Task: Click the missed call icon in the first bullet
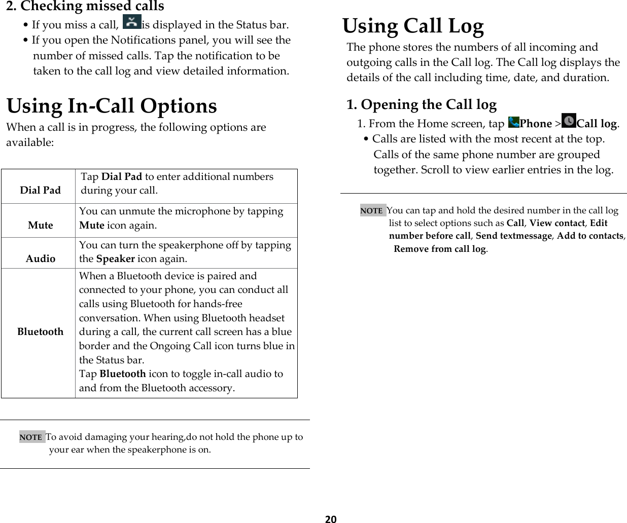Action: click(132, 22)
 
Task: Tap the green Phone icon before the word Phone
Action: click(513, 122)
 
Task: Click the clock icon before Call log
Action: click(569, 121)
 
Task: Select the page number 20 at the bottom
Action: click(331, 518)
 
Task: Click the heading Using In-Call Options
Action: click(112, 106)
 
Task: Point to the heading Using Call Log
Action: click(413, 26)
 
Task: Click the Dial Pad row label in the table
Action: click(40, 190)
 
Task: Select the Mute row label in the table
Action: click(41, 225)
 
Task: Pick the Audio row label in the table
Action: click(41, 258)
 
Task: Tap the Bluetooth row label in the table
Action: click(41, 331)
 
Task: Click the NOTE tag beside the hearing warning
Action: click(31, 437)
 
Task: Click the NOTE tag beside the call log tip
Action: click(372, 210)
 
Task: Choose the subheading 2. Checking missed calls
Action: click(85, 7)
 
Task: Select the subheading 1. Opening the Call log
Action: click(421, 104)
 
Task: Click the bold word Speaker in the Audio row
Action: click(115, 258)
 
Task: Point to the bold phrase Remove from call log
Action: click(440, 249)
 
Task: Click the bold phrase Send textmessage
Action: click(513, 236)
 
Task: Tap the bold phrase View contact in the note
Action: click(556, 223)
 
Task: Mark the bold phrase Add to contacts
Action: click(590, 236)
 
